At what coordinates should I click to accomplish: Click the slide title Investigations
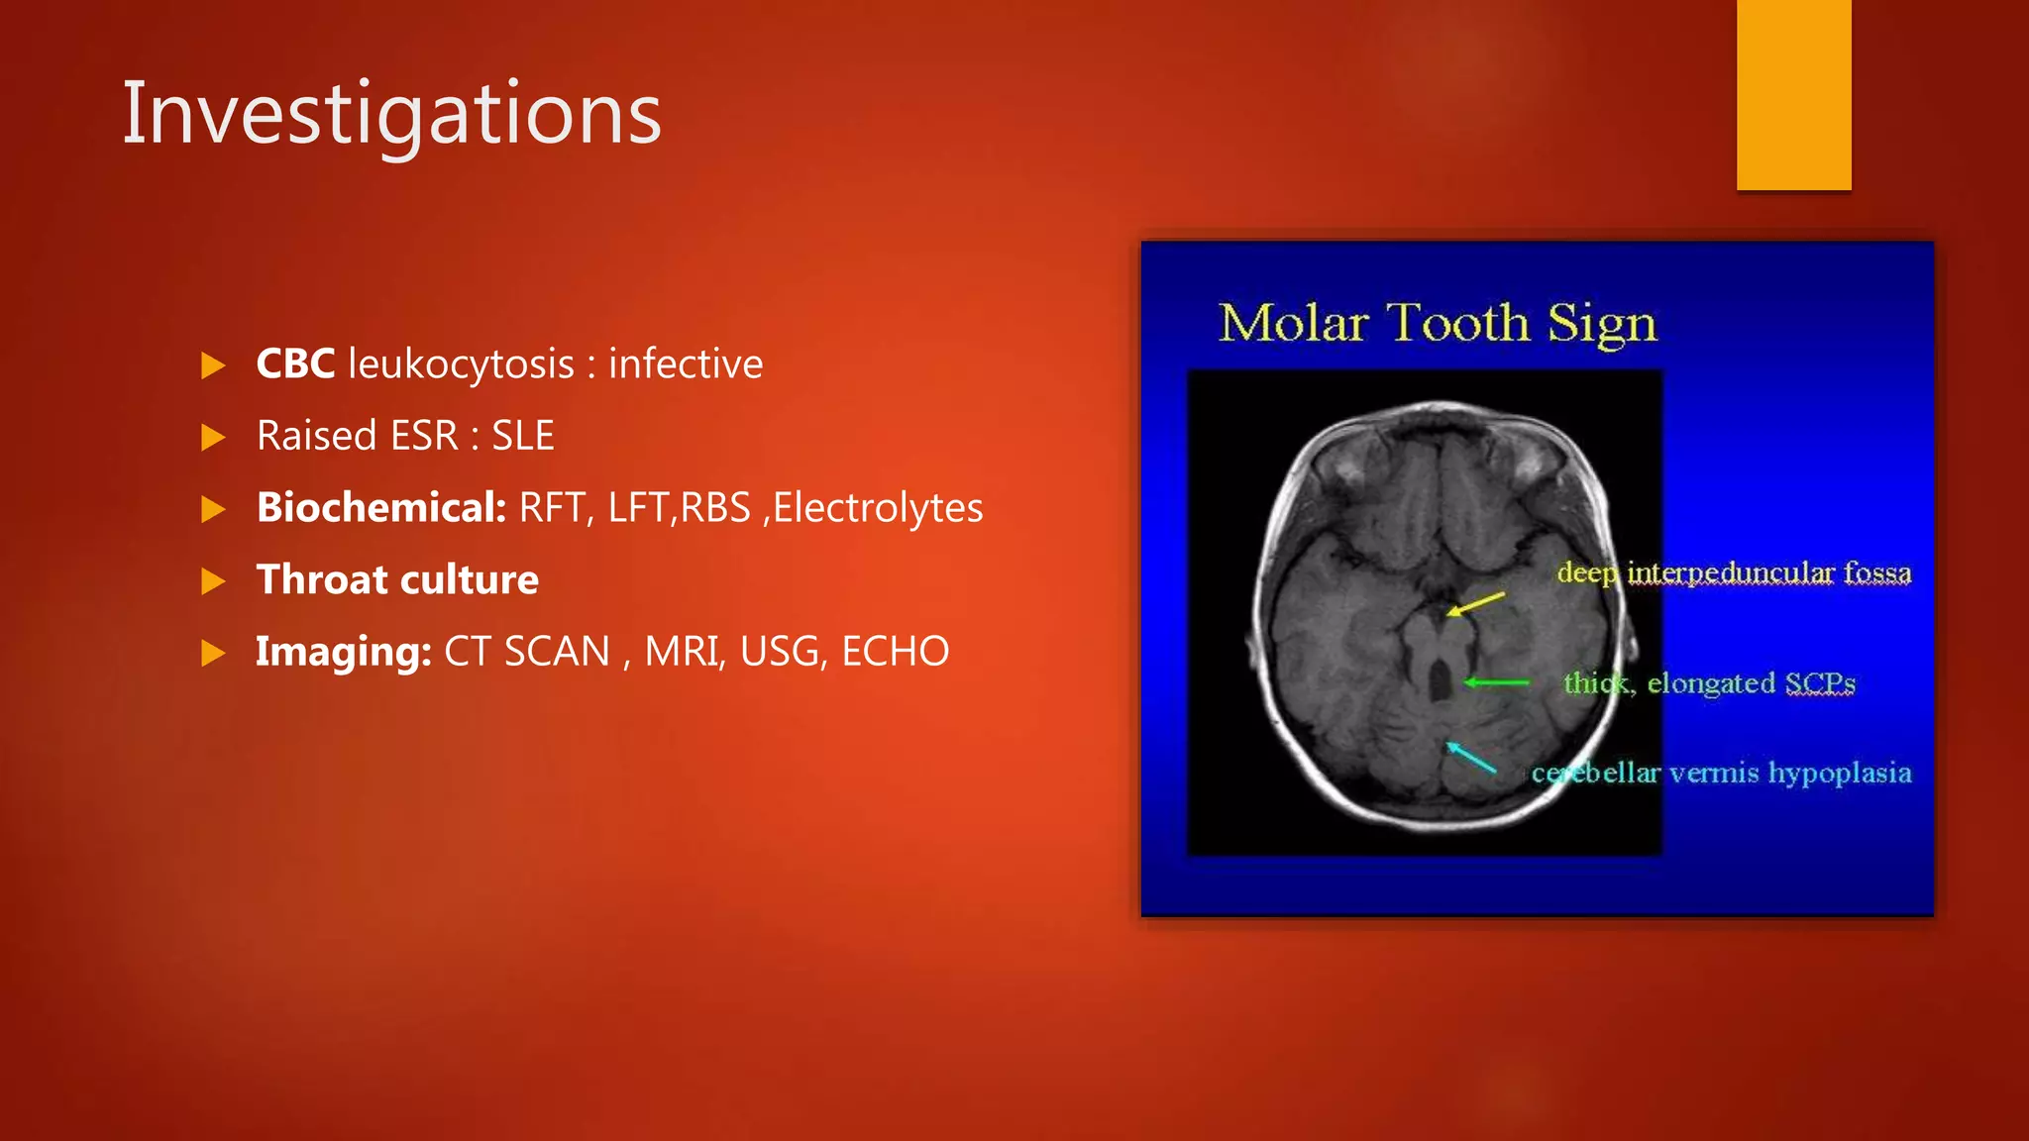point(391,115)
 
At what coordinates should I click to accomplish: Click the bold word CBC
point(295,364)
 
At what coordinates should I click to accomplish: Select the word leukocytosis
point(462,364)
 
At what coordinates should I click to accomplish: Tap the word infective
point(686,364)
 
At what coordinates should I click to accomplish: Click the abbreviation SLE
point(523,436)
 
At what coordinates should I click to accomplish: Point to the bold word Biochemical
point(381,508)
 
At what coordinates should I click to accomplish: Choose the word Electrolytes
point(878,508)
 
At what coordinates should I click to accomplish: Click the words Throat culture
point(397,580)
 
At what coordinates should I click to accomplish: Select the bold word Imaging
point(343,652)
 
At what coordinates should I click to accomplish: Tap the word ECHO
point(895,652)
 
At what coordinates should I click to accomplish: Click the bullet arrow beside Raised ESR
point(213,437)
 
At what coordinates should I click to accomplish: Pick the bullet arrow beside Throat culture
point(213,581)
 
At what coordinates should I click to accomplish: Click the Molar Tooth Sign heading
point(1437,324)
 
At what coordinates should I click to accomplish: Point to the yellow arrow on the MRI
point(1476,603)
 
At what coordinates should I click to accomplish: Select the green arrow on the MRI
point(1496,682)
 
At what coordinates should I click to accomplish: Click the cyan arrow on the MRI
point(1471,757)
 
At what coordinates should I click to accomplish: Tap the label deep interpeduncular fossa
point(1734,572)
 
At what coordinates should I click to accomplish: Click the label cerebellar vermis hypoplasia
point(1721,773)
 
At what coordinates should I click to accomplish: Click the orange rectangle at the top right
point(1793,94)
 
